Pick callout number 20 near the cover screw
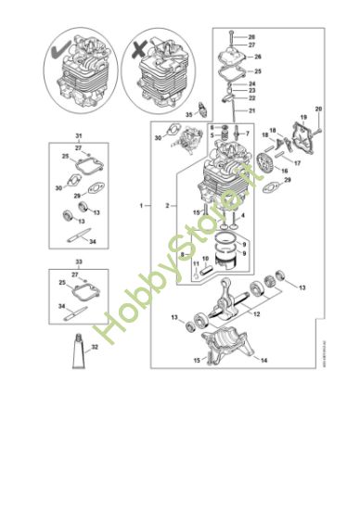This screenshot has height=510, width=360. tap(319, 109)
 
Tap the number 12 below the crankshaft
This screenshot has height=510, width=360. tap(257, 314)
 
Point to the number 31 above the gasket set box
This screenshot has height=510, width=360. tap(79, 136)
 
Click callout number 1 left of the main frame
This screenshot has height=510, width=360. tap(142, 203)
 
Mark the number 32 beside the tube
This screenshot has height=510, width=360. tap(94, 349)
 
